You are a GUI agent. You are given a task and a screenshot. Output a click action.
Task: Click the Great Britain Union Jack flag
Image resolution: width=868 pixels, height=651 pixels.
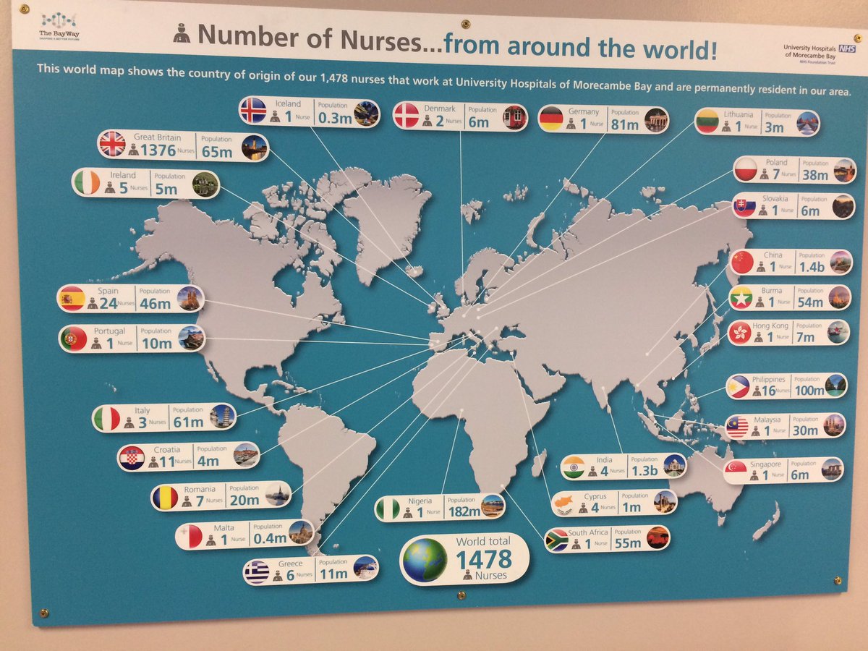(113, 144)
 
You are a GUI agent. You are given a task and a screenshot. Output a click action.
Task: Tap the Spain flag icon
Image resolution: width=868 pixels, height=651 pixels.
(72, 299)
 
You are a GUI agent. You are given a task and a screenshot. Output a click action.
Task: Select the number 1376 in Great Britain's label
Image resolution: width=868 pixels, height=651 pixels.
(158, 150)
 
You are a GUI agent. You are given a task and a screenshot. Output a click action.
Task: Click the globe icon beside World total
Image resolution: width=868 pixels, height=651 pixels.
(425, 560)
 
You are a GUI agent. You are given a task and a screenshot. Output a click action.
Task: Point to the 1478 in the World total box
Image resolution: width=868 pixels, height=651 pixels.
(484, 558)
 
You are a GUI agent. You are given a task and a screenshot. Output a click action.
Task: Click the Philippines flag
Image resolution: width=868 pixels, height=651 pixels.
(738, 386)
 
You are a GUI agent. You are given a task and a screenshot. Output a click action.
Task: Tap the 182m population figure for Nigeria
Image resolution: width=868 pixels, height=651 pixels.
(463, 512)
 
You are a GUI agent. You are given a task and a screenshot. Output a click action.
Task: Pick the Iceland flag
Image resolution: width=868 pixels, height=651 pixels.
(253, 111)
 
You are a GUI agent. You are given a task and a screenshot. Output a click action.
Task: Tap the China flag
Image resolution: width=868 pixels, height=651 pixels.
(742, 262)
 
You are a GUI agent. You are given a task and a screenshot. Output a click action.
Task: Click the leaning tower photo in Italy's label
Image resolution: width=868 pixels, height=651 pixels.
(222, 416)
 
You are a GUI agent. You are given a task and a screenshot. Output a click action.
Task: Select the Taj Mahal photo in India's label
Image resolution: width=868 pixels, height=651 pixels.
(674, 466)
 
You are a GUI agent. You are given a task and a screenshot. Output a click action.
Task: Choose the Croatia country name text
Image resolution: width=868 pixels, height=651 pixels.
(167, 450)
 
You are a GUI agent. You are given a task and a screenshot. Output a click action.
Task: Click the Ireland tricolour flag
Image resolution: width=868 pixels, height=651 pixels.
(87, 182)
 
